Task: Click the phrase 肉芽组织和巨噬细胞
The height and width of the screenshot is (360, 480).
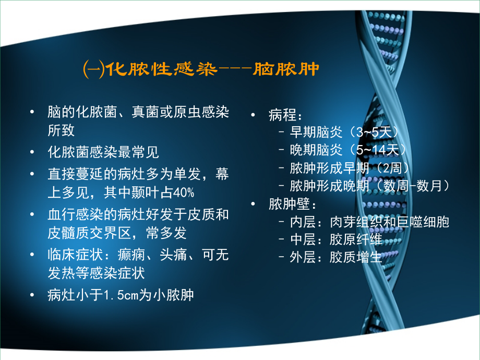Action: [389, 222]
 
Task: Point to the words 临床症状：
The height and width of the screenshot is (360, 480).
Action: [74, 255]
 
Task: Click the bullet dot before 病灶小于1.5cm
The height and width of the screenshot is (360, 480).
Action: [34, 295]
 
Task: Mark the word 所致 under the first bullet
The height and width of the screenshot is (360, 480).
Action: [61, 130]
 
